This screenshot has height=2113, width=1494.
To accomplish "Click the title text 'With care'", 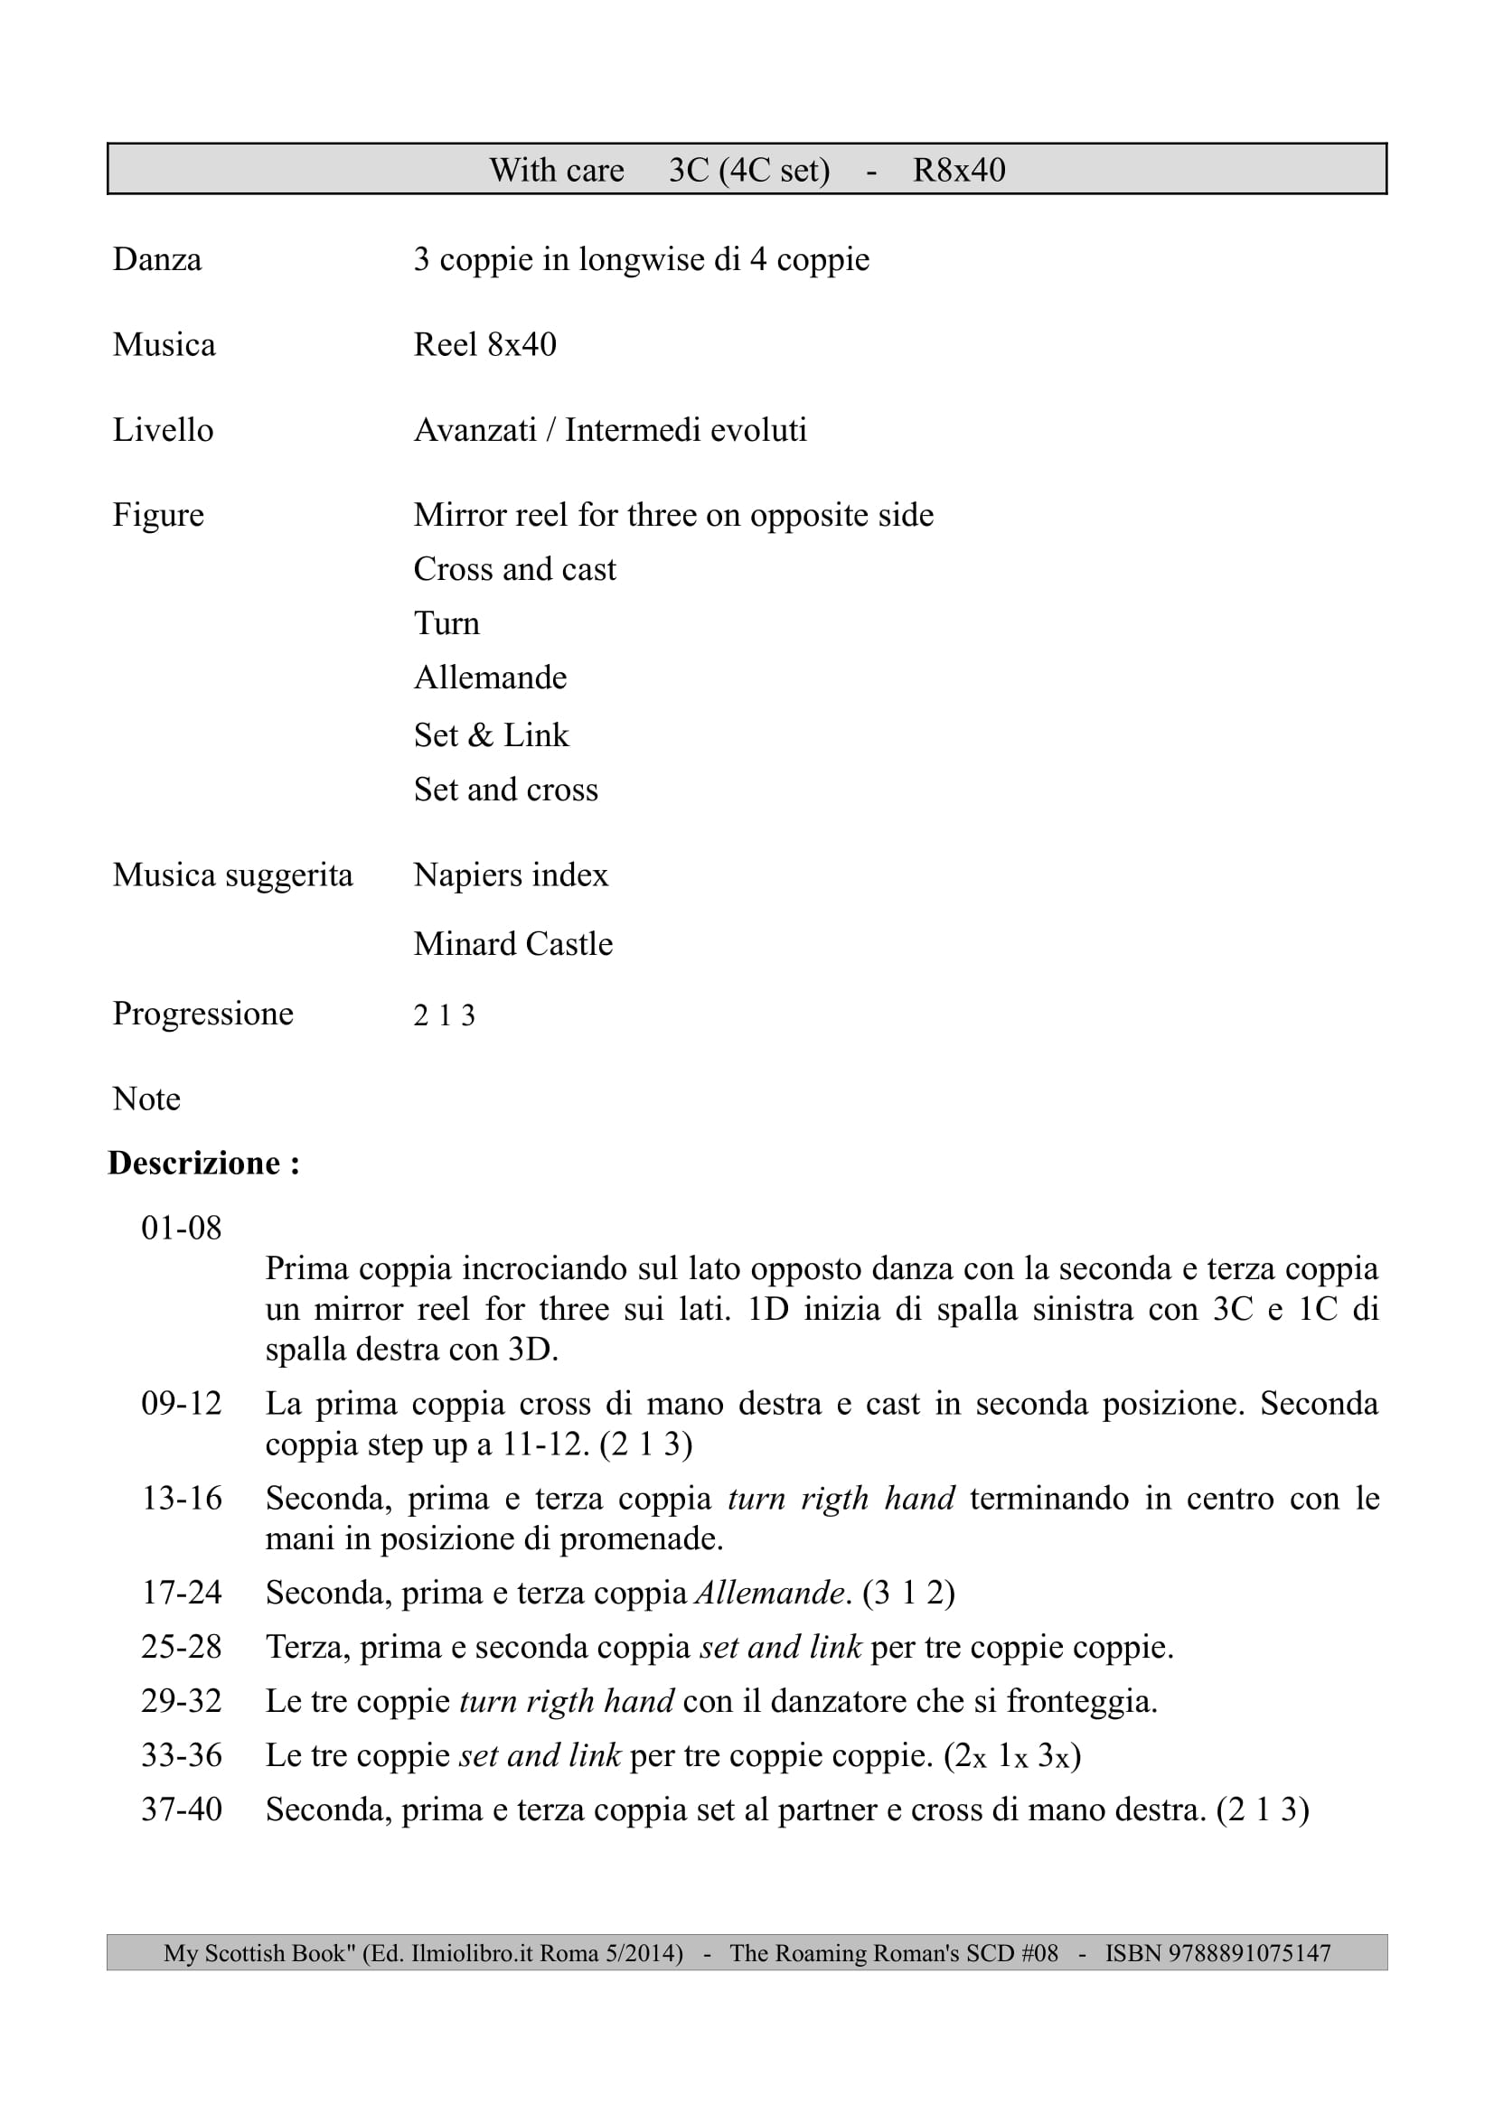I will point(556,170).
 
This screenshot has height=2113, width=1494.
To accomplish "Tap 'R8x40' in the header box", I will point(958,170).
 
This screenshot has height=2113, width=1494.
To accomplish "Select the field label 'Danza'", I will point(156,259).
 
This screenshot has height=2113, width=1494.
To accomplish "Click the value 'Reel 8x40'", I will point(484,345).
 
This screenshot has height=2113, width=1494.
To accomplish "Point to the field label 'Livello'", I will point(162,430).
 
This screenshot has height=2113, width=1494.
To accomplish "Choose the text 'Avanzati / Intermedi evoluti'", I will point(609,430).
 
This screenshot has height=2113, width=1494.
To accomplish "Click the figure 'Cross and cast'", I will point(513,570).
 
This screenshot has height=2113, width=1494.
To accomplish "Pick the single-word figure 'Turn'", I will point(446,624).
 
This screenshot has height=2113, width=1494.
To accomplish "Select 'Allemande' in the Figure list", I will point(490,678).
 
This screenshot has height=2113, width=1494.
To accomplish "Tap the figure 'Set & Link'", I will point(491,735).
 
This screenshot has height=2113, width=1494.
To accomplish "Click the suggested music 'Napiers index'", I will point(510,875).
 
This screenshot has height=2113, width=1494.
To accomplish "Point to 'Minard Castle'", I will point(512,944).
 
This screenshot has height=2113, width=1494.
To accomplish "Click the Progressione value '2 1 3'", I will point(444,1016).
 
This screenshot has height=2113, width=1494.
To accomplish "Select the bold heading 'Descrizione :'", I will point(203,1164).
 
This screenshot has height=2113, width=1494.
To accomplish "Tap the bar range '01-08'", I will point(182,1229).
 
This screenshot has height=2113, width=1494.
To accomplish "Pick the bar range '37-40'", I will point(182,1810).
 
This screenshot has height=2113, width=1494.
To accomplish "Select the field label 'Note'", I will point(146,1099).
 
